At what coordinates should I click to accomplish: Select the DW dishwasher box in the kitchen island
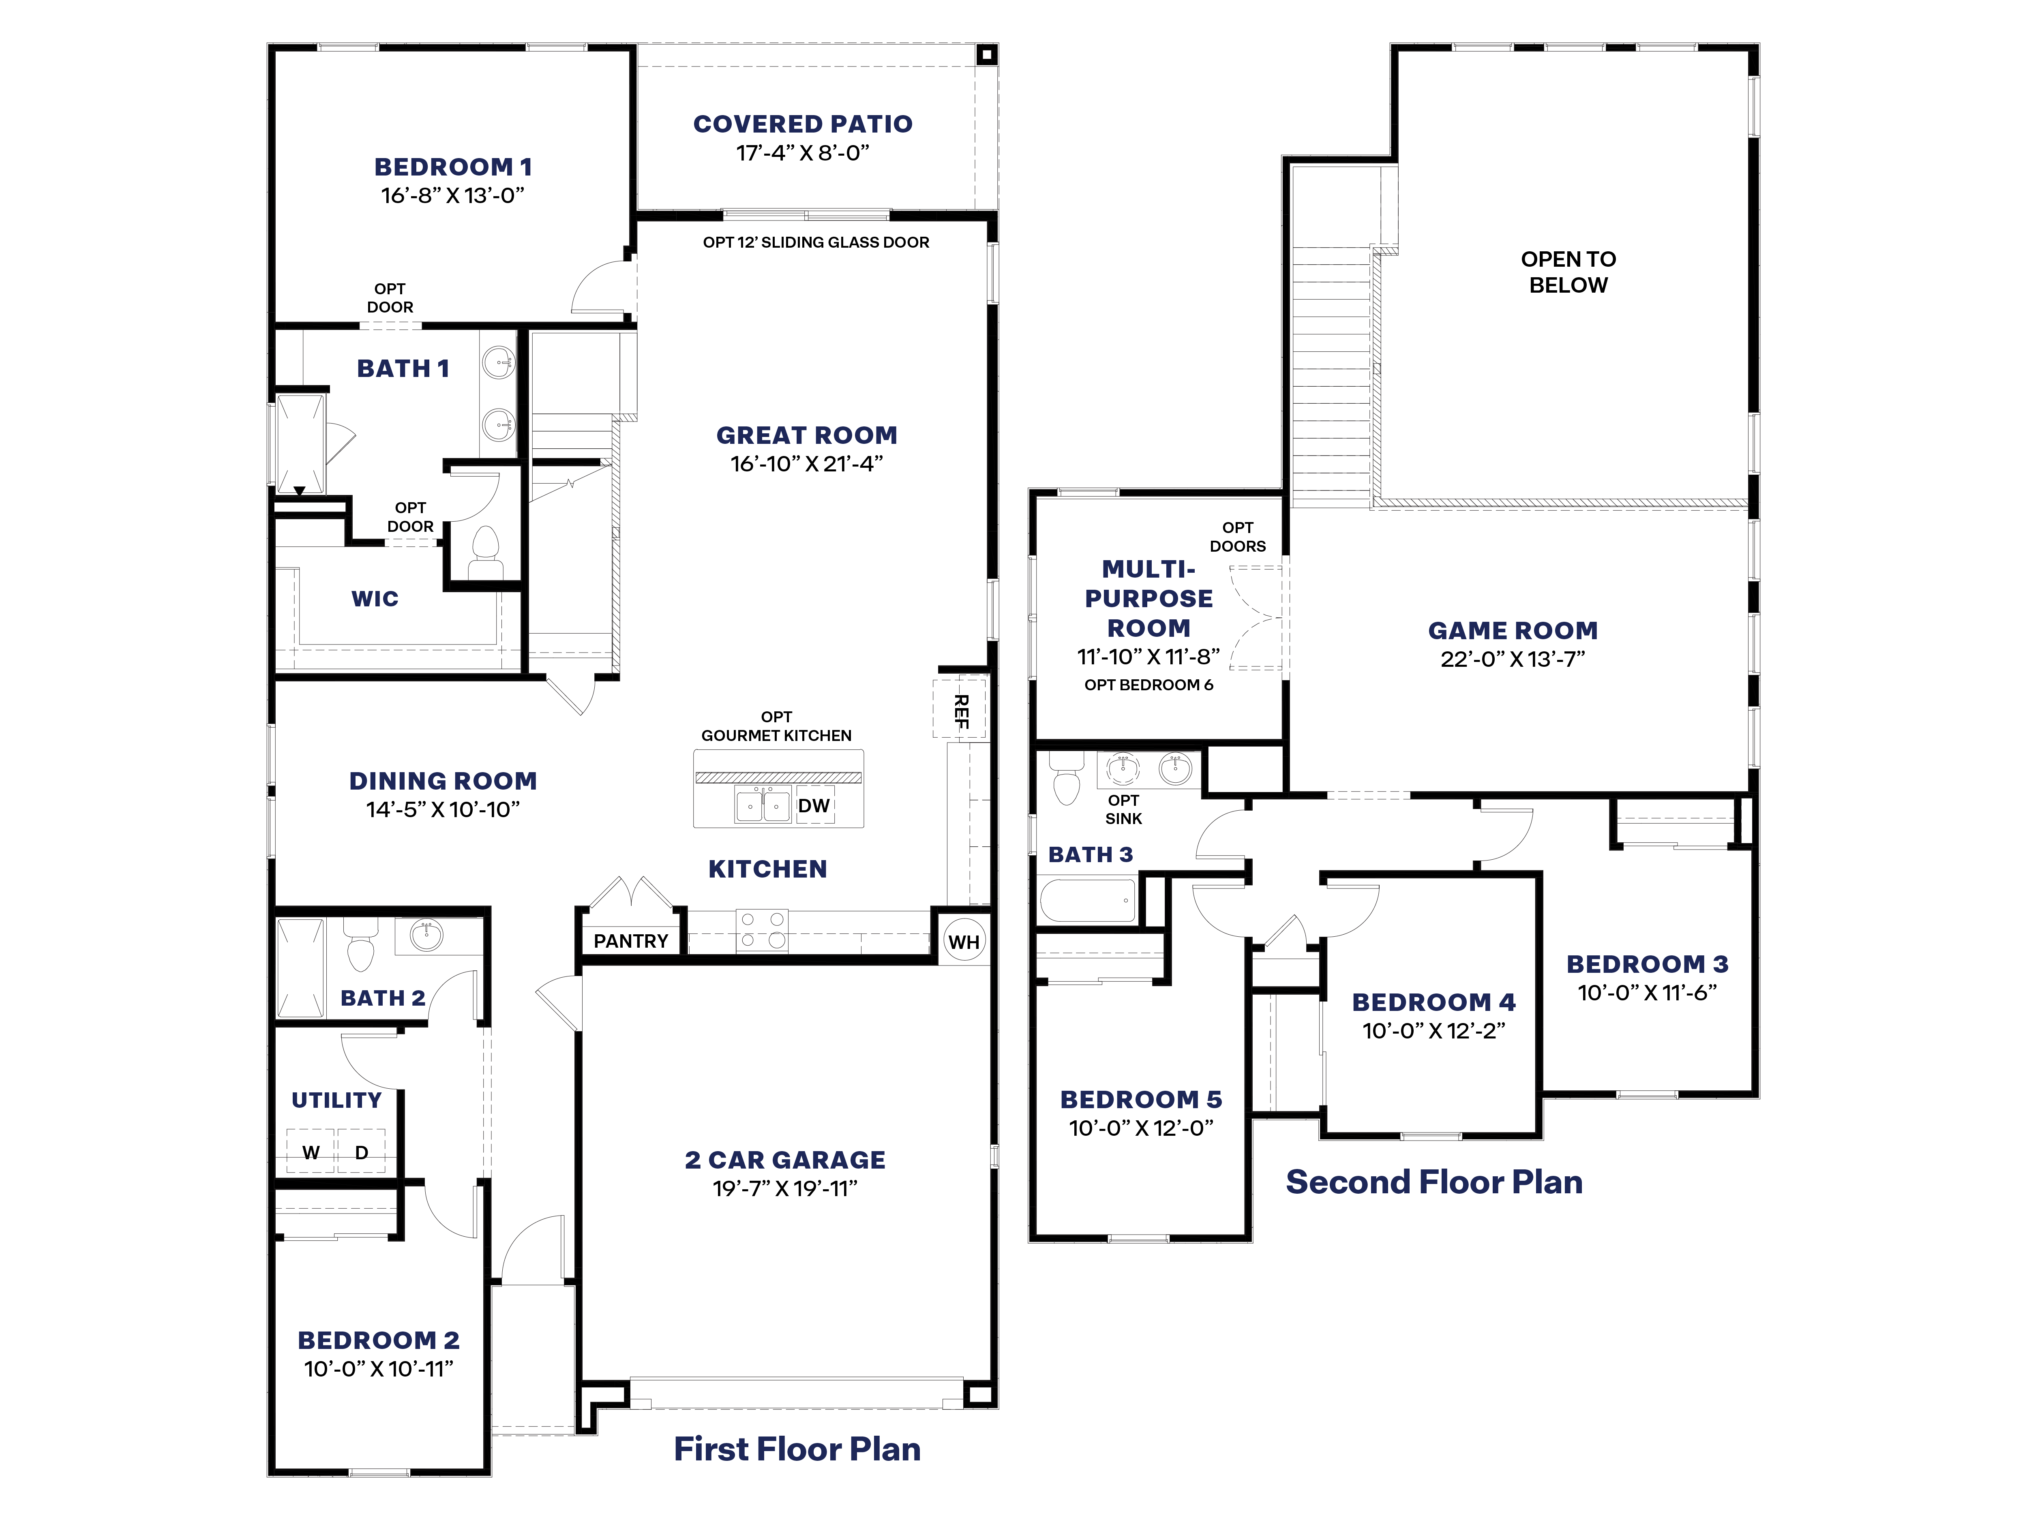(x=814, y=805)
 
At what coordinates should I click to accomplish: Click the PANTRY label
(x=630, y=941)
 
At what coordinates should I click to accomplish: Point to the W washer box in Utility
(x=311, y=1152)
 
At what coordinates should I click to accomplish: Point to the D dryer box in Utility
(x=361, y=1152)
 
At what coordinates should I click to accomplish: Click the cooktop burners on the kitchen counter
(x=763, y=929)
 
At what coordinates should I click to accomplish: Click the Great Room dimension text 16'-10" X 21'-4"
(x=806, y=464)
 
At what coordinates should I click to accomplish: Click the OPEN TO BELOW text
(x=1568, y=272)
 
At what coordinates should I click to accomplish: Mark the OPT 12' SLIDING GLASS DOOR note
(x=816, y=242)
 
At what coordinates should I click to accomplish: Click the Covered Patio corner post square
(x=986, y=55)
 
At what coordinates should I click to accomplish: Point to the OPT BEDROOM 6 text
(x=1148, y=685)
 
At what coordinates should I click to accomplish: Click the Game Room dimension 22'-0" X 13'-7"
(x=1512, y=659)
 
